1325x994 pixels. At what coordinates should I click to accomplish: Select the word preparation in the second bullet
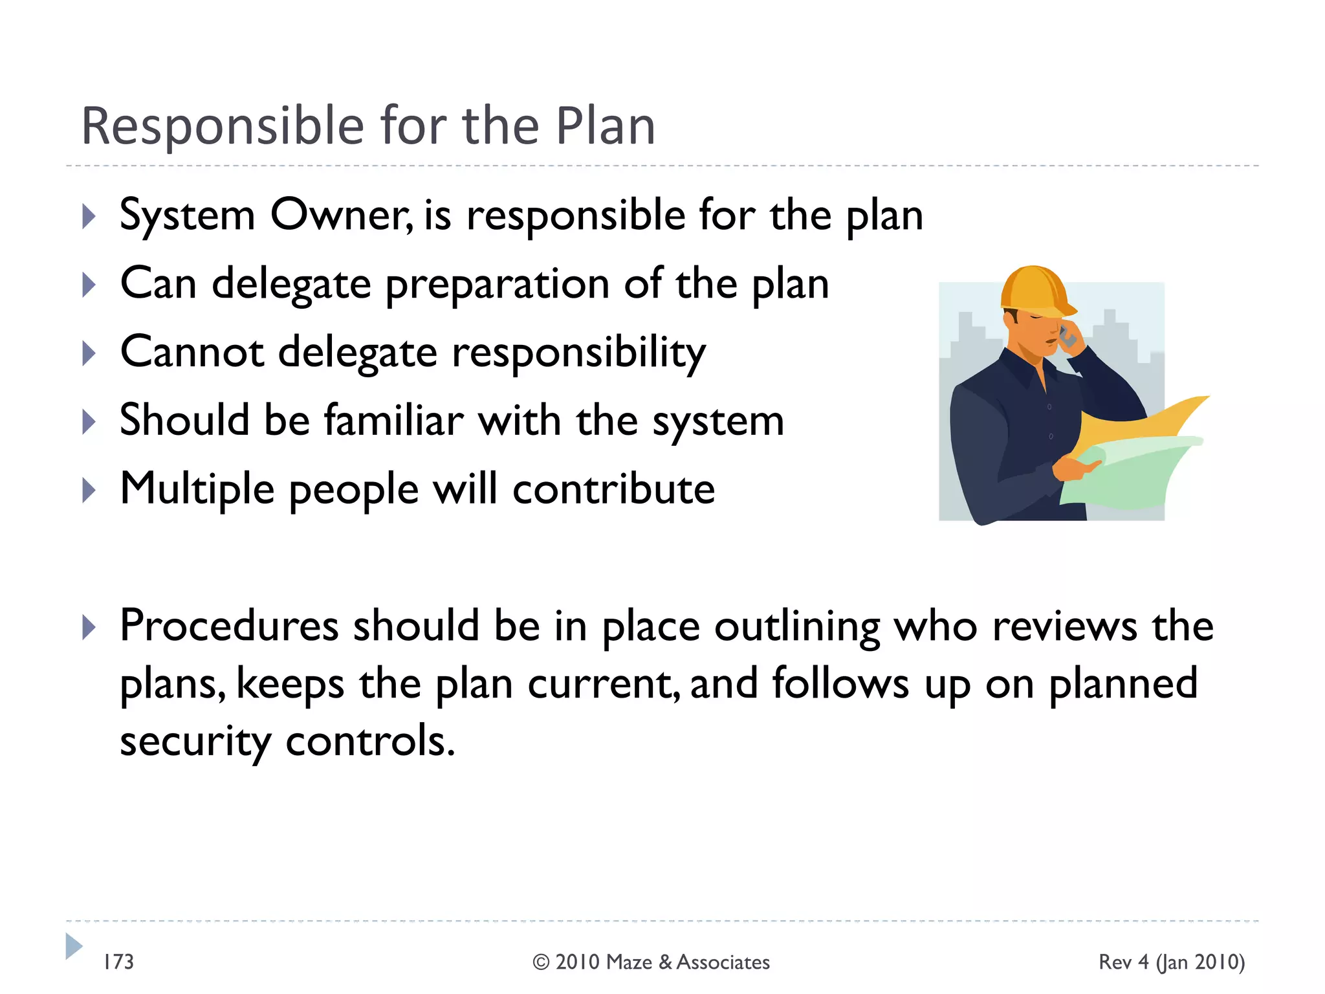coord(497,285)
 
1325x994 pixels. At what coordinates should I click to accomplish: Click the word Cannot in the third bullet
coord(192,353)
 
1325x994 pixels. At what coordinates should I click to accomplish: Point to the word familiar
coord(393,421)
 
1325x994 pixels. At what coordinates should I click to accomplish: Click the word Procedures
coord(229,626)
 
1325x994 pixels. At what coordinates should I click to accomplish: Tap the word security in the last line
coord(195,742)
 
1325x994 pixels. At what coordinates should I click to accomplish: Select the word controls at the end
coord(370,742)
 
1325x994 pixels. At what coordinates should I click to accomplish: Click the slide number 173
coord(118,962)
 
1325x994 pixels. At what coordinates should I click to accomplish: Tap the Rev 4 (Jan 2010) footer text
coord(1172,962)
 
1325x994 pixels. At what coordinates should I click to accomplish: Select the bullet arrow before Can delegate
coord(89,285)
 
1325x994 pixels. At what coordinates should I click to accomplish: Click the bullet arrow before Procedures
coord(89,627)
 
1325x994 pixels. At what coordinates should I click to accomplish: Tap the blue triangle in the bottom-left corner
coord(74,946)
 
